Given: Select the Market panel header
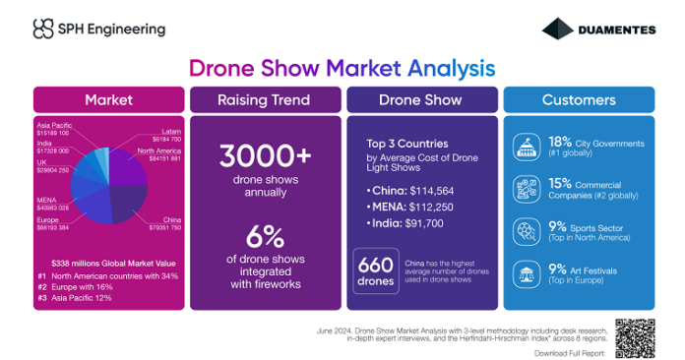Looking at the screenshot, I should click(108, 100).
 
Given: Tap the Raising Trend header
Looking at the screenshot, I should click(263, 100).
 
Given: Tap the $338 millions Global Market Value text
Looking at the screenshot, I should click(109, 263).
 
